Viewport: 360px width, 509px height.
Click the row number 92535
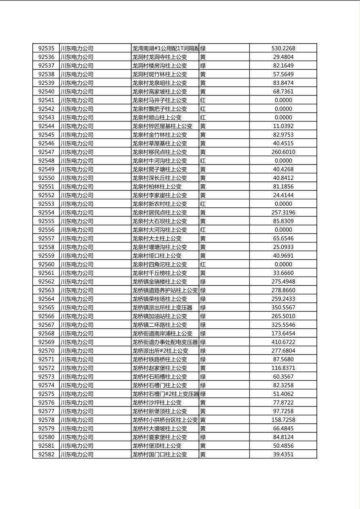46,48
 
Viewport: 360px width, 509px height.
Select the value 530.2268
283,48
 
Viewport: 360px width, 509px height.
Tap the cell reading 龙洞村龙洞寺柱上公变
159,57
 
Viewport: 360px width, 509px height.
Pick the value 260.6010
283,152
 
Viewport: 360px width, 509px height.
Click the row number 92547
46,152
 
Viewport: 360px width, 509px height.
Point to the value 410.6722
283,342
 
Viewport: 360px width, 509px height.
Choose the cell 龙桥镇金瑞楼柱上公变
159,282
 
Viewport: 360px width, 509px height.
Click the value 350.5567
283,307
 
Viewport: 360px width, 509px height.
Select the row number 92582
46,454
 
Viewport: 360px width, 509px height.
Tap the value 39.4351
283,454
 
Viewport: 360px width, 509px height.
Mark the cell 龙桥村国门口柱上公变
159,454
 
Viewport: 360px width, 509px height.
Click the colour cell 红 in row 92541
203,100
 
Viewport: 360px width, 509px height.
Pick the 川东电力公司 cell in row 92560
77,264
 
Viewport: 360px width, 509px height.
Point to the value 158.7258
283,420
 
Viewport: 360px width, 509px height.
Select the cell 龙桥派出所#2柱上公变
160,350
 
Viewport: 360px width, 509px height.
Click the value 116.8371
283,368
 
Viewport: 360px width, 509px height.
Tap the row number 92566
46,316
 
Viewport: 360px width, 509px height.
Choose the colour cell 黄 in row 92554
203,213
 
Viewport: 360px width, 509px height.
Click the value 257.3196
283,213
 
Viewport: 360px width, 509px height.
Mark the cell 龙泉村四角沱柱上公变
159,264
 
